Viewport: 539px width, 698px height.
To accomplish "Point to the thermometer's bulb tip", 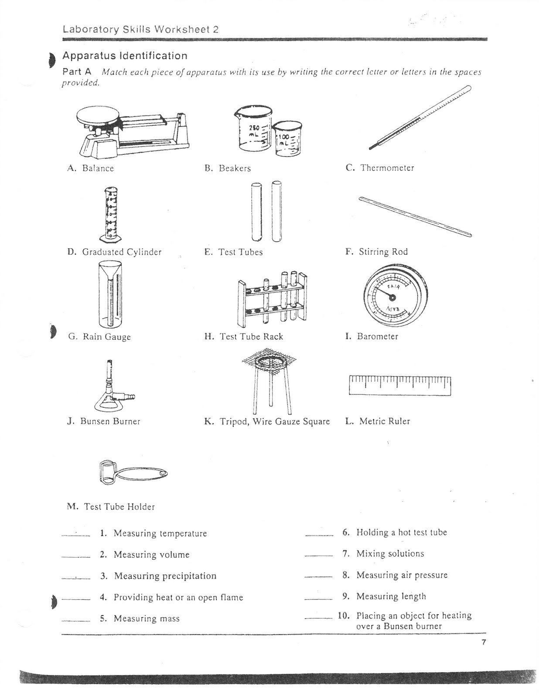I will [371, 147].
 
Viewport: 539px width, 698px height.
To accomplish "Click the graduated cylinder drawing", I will [111, 214].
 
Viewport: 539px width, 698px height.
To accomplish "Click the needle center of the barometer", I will [392, 298].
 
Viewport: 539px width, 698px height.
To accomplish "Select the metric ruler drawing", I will [400, 385].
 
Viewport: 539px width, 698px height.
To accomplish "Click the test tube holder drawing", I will [133, 473].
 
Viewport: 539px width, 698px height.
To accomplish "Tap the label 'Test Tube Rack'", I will [251, 336].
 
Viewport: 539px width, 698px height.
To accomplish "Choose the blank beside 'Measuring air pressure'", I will [319, 577].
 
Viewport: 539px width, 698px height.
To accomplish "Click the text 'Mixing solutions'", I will [390, 554].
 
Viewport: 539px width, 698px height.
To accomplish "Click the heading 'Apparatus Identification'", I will [125, 56].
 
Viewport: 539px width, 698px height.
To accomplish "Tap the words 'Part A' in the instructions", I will [77, 71].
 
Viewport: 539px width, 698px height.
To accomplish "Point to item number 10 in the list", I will [344, 616].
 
